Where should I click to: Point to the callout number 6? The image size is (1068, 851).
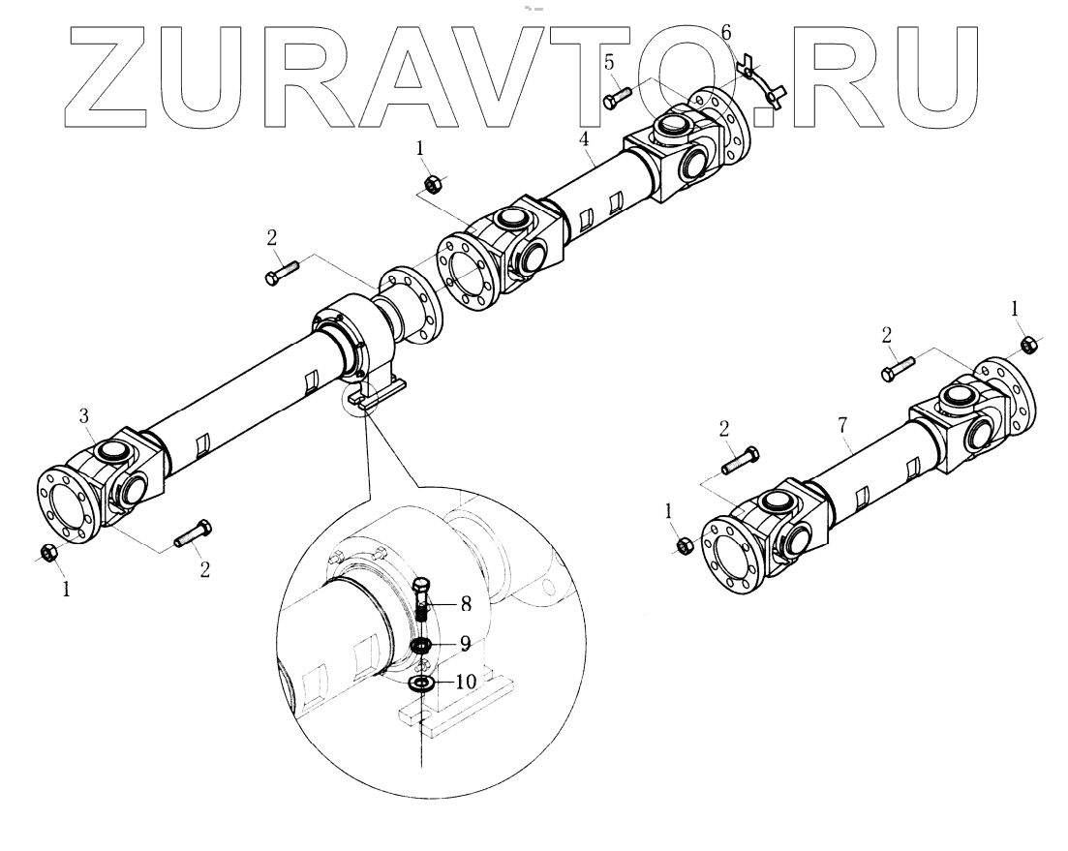pos(726,33)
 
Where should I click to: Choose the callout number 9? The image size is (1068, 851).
pos(466,641)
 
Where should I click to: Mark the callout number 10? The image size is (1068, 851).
pos(466,681)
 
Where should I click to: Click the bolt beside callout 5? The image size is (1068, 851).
pos(617,98)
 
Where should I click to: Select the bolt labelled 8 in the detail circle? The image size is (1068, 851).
pos(422,601)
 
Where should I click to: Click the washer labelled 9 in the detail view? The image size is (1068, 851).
pos(420,646)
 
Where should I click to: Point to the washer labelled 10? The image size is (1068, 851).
pos(420,684)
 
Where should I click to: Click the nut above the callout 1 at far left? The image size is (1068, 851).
pos(48,553)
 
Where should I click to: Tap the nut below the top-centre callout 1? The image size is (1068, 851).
pos(435,184)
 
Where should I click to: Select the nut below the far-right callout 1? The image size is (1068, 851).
pos(1030,343)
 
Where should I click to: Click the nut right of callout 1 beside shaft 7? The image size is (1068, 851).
pos(682,544)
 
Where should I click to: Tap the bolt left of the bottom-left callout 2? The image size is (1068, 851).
pos(193,532)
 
